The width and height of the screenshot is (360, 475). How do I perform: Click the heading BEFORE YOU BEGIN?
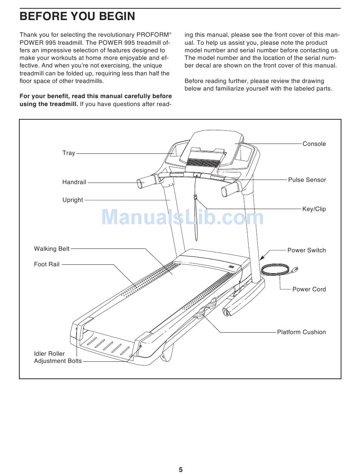click(x=77, y=17)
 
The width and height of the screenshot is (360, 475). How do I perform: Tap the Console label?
click(x=314, y=144)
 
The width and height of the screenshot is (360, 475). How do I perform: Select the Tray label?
click(x=69, y=153)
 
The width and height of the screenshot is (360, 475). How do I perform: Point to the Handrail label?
click(x=74, y=182)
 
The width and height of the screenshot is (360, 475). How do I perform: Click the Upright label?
click(x=73, y=200)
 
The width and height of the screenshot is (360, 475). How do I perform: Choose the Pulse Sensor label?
click(x=307, y=180)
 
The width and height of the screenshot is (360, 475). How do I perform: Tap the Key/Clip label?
click(x=314, y=209)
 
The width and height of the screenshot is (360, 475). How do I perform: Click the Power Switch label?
click(x=306, y=250)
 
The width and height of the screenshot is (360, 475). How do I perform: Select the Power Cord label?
click(x=309, y=289)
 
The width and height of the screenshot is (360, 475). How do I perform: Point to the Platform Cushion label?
click(x=301, y=332)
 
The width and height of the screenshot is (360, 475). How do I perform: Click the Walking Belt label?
click(x=52, y=249)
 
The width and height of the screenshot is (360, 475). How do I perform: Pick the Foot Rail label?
click(x=47, y=264)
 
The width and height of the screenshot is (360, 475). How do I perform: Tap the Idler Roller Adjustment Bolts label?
click(x=58, y=357)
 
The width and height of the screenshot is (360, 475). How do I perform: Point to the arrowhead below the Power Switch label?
click(x=262, y=257)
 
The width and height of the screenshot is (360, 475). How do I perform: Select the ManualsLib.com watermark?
click(x=183, y=218)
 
